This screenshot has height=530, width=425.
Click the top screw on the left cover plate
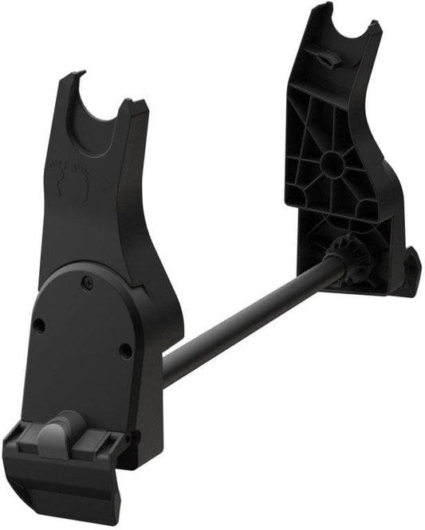coord(85,281)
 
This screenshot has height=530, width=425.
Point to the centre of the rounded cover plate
coord(80,335)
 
